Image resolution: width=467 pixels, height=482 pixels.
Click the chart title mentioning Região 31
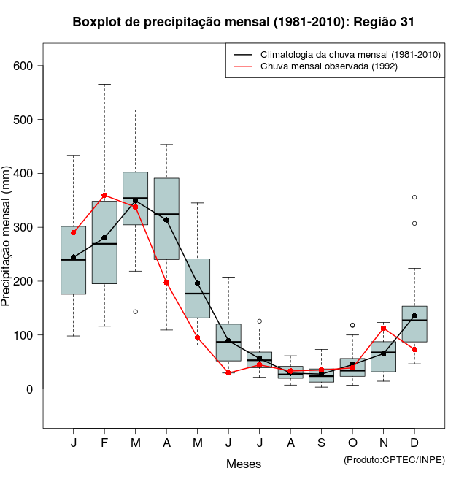point(244,22)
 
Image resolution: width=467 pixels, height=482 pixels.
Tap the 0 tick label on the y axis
point(31,389)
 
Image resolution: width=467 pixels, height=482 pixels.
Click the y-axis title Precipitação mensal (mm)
point(7,241)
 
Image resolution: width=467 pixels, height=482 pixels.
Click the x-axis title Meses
point(244,464)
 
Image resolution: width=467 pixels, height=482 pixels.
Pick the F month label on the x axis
point(104,444)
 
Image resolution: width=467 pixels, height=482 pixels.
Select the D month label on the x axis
point(414,444)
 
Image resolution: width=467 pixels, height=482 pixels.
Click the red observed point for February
point(104,195)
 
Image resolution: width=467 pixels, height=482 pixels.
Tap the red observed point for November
point(384,328)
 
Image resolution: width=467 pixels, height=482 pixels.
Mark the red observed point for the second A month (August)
point(290,371)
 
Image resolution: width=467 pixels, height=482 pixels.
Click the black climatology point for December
point(414,316)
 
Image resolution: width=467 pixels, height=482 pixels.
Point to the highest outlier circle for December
point(414,197)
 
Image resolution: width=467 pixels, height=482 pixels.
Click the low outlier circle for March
point(135,312)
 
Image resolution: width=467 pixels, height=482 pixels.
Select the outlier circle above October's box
point(352,325)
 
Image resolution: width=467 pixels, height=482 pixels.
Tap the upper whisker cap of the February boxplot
point(104,84)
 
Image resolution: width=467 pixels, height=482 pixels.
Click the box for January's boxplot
point(73,260)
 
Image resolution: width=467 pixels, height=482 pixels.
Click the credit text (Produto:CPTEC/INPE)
point(394,459)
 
